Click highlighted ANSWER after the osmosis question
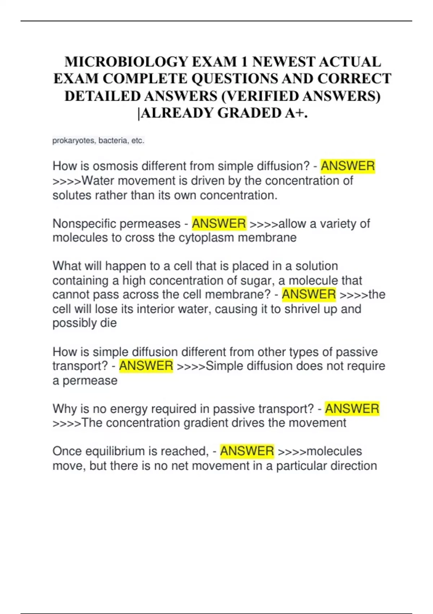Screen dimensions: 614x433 [x=348, y=166]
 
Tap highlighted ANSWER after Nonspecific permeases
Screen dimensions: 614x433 [x=219, y=224]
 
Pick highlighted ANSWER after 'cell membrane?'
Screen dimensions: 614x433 [x=309, y=294]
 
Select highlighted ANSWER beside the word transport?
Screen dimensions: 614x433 [x=146, y=366]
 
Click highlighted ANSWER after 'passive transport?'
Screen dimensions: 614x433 [x=352, y=409]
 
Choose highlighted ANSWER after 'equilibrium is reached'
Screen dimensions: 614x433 [x=247, y=451]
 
